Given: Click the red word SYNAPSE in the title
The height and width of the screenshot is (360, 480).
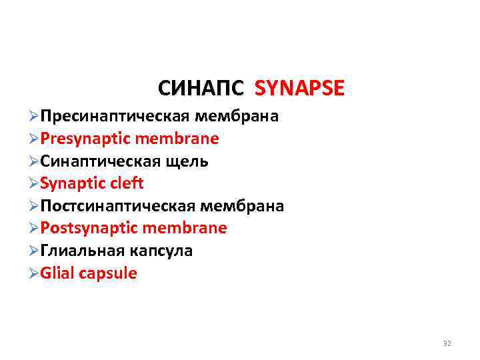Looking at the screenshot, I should click(x=300, y=88).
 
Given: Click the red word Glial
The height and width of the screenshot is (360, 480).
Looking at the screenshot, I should click(x=57, y=273).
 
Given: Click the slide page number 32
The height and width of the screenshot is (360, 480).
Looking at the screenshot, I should click(x=447, y=343).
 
